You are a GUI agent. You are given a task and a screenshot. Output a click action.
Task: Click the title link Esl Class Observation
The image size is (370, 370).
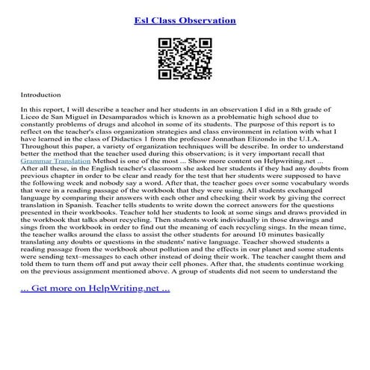point(185,20)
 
